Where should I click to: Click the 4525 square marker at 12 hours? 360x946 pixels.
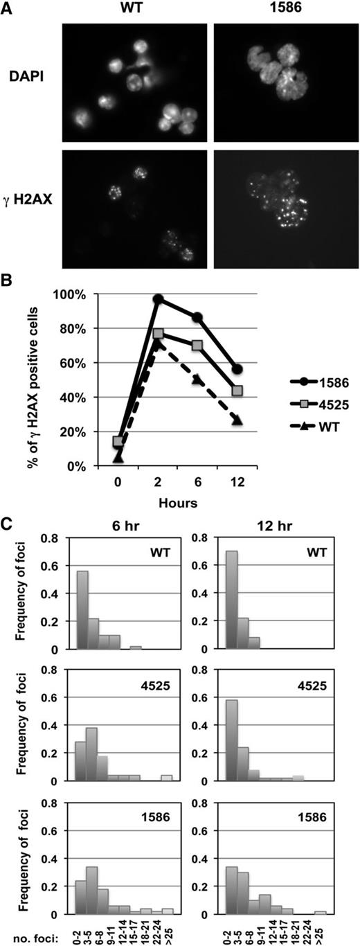point(237,391)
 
